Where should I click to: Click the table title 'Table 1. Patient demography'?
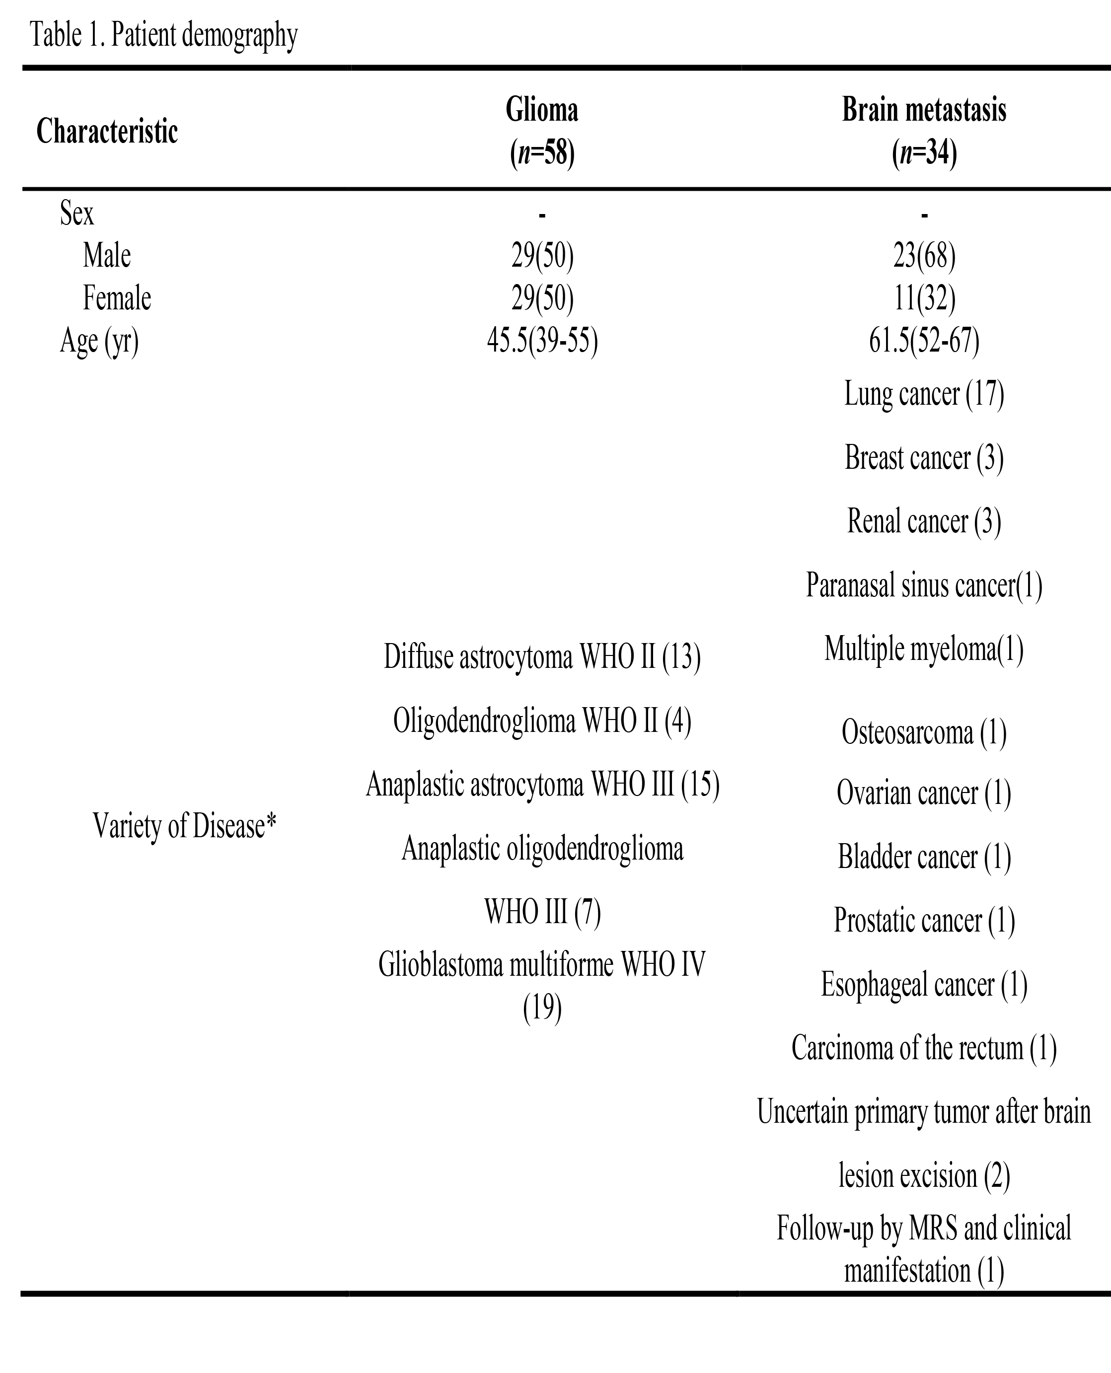pyautogui.click(x=164, y=36)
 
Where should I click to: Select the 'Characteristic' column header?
pyautogui.click(x=107, y=132)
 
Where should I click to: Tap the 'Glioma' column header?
pyautogui.click(x=542, y=111)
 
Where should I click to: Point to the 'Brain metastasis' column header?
pyautogui.click(x=923, y=111)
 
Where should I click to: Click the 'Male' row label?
pyautogui.click(x=107, y=255)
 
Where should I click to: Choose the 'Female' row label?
pyautogui.click(x=117, y=298)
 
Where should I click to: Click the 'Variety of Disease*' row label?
pyautogui.click(x=184, y=825)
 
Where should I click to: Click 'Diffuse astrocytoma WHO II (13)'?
pyautogui.click(x=542, y=657)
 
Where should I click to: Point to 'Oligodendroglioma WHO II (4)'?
pyautogui.click(x=542, y=721)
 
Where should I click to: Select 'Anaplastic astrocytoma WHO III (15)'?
pyautogui.click(x=542, y=785)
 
